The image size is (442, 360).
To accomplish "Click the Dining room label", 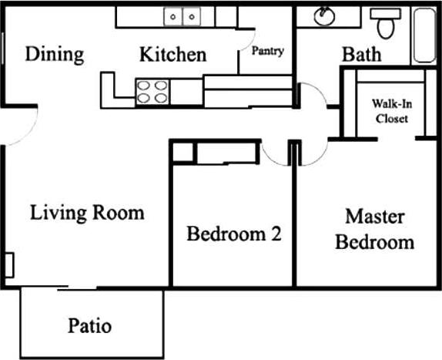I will click(x=54, y=55).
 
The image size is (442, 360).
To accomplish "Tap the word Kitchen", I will click(x=172, y=55).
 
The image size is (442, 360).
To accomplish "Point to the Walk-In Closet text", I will click(x=390, y=111).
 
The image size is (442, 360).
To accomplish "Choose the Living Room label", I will click(x=87, y=212).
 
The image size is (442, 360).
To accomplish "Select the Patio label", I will click(x=89, y=325).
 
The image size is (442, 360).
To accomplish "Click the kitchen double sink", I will click(x=182, y=15).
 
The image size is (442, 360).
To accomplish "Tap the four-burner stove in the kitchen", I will click(x=152, y=91).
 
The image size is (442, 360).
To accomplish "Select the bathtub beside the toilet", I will click(x=424, y=35).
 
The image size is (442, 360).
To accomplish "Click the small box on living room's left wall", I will click(x=9, y=264).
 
